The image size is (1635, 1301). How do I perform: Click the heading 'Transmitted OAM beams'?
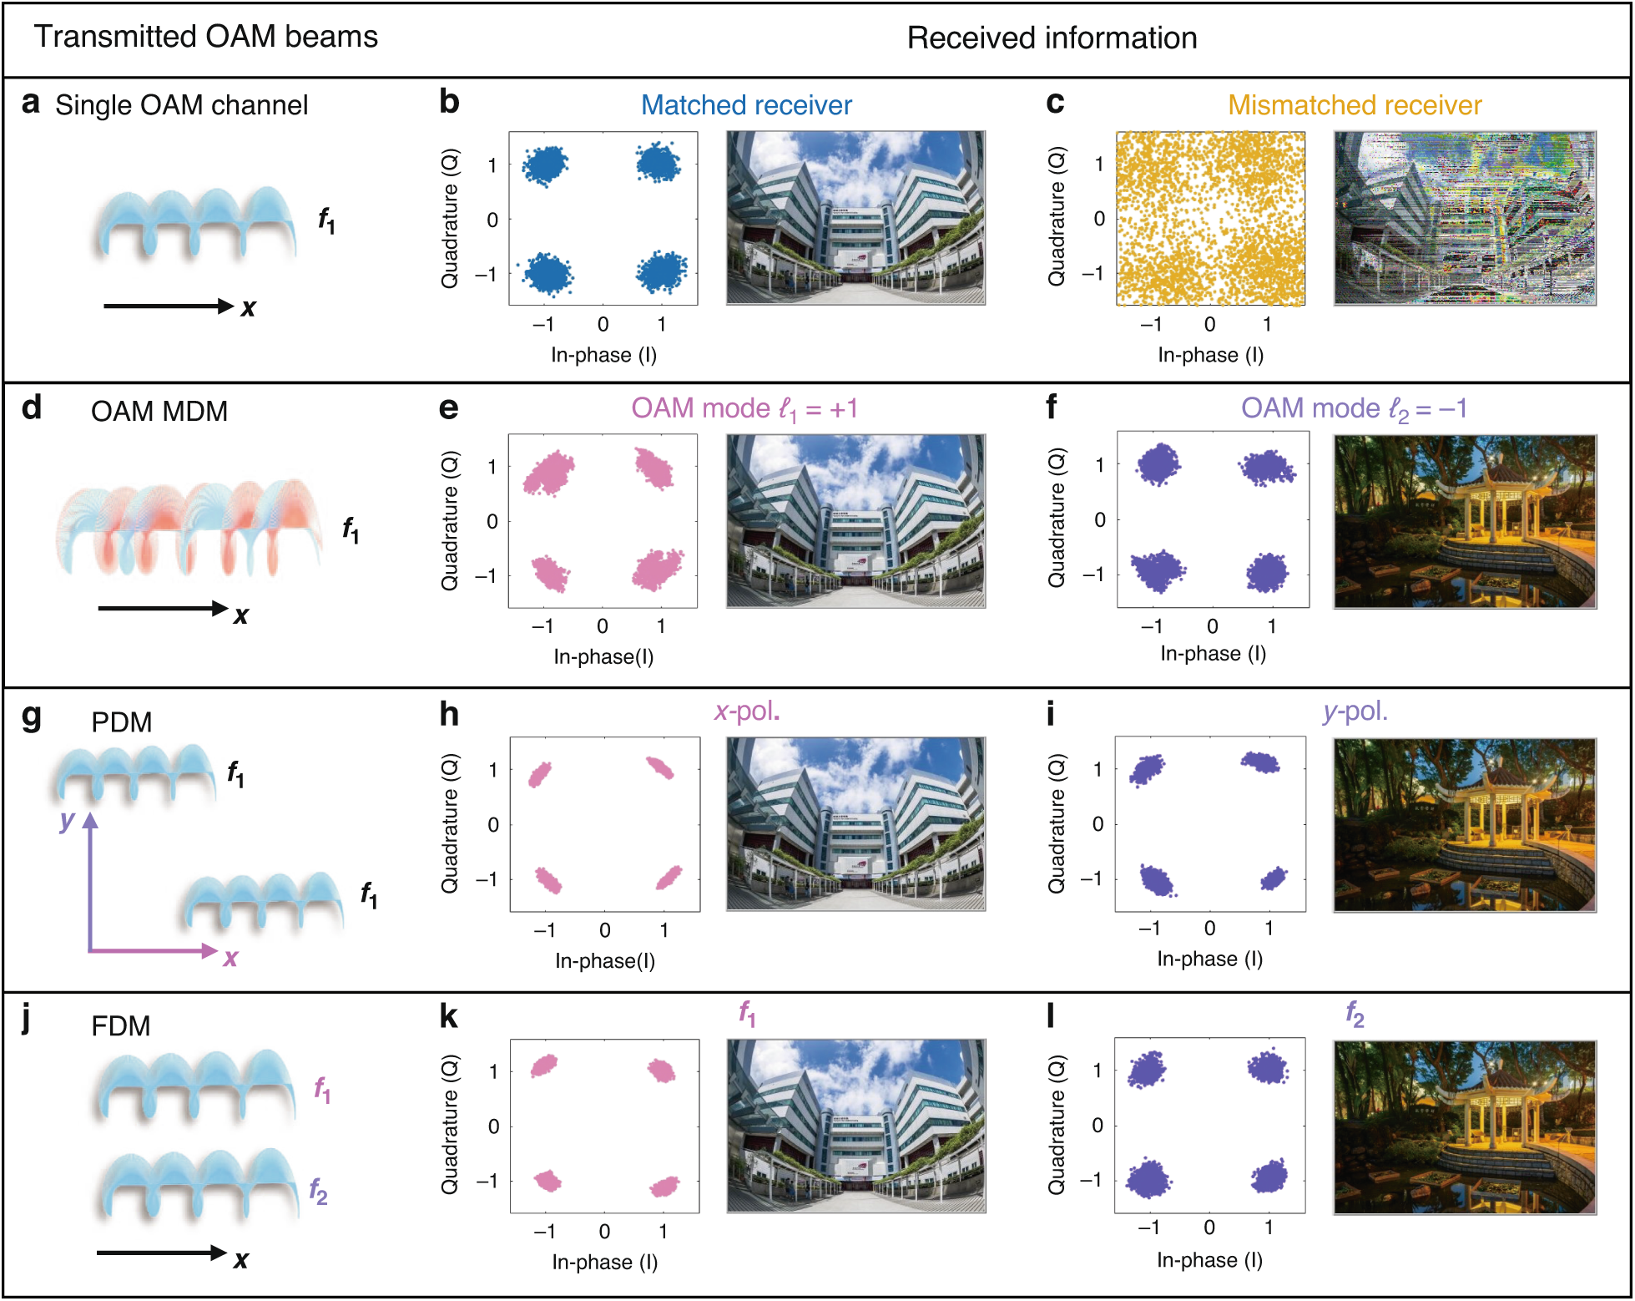point(205,37)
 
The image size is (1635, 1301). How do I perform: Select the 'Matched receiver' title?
point(745,105)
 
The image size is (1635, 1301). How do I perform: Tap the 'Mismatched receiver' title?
point(1354,105)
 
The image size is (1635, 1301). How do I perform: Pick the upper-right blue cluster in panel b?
point(658,162)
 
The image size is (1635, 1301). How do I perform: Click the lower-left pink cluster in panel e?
point(550,574)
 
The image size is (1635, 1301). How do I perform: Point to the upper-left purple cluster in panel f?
point(1158,463)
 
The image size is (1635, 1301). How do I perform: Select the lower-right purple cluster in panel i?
point(1273,878)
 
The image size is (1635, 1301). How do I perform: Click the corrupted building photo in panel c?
point(1464,218)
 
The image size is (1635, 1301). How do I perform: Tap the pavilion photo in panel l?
point(1464,1126)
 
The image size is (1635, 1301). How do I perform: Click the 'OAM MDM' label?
point(159,412)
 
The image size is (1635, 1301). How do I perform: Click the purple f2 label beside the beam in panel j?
point(318,1190)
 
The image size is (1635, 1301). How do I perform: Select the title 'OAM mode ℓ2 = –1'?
point(1353,408)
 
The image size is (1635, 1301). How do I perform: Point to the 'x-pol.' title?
point(746,711)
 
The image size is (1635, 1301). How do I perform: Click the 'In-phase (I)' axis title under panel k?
point(604,1262)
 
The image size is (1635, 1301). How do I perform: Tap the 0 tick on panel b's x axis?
point(603,324)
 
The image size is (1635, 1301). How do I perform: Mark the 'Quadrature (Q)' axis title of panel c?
point(1057,217)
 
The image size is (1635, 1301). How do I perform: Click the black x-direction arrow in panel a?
point(167,306)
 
